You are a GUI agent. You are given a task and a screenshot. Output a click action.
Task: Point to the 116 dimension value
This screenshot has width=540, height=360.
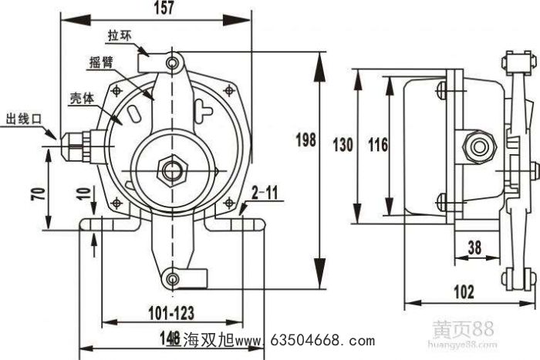coord(377,144)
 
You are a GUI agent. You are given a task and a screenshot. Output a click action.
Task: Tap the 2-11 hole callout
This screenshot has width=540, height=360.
coord(266,194)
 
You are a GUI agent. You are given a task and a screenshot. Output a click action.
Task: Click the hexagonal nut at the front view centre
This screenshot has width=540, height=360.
coord(167,168)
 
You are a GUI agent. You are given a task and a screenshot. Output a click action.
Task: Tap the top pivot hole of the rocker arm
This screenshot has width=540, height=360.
coord(175,60)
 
